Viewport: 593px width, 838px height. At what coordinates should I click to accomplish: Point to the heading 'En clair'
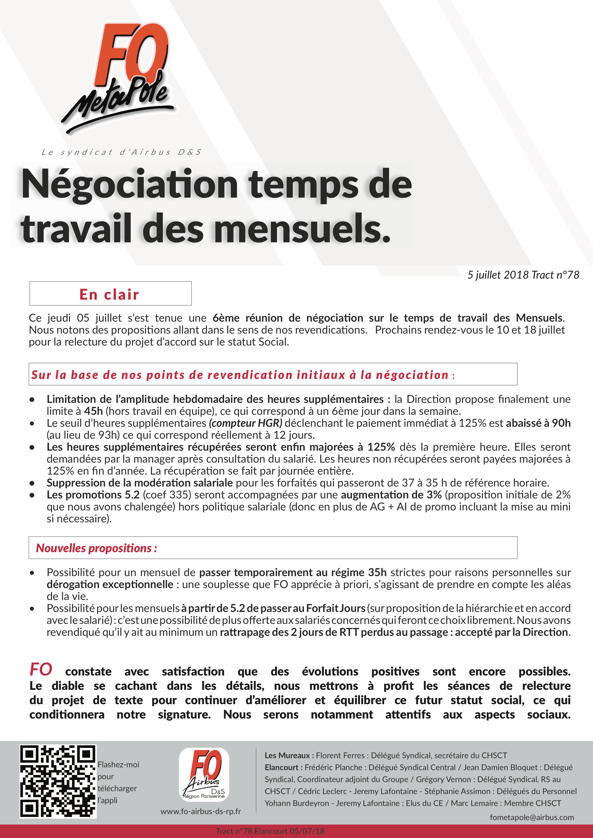(x=110, y=294)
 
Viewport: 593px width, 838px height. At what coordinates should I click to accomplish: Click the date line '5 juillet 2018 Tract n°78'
(x=523, y=275)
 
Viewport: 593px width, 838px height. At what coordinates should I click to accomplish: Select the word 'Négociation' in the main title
(x=130, y=184)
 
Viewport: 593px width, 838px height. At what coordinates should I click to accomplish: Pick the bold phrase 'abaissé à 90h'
(x=538, y=423)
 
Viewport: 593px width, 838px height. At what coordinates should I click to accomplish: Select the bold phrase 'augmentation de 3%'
(x=391, y=495)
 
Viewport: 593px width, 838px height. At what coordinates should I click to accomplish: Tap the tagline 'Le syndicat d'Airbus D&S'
(x=121, y=152)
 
